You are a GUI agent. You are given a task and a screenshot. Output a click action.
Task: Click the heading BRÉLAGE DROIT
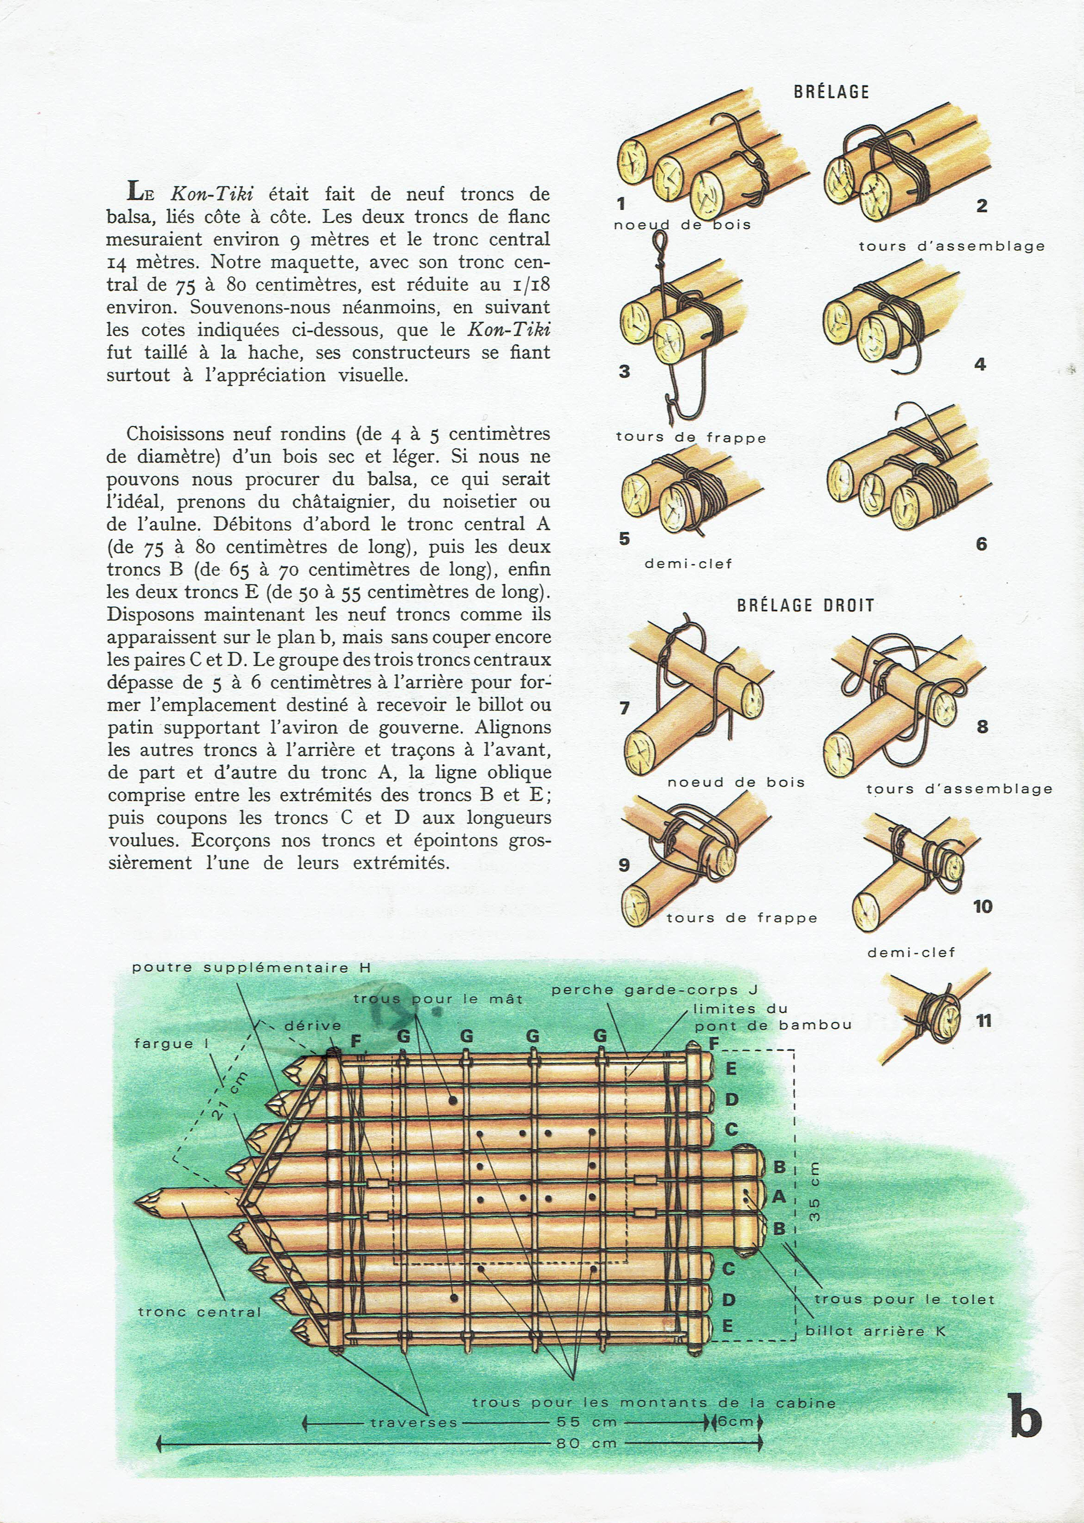point(805,606)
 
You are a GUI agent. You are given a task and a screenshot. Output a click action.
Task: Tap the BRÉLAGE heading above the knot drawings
point(831,92)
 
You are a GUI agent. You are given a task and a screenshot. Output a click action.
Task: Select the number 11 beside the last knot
point(983,1021)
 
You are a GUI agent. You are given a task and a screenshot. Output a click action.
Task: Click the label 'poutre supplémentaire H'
point(251,967)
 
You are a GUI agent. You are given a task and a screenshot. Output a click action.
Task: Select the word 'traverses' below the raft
point(414,1422)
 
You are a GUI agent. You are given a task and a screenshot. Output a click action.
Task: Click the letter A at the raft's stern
point(778,1197)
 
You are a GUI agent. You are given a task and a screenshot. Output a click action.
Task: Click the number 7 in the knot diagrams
point(624,708)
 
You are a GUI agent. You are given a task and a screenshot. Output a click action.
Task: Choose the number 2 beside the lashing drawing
point(981,206)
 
